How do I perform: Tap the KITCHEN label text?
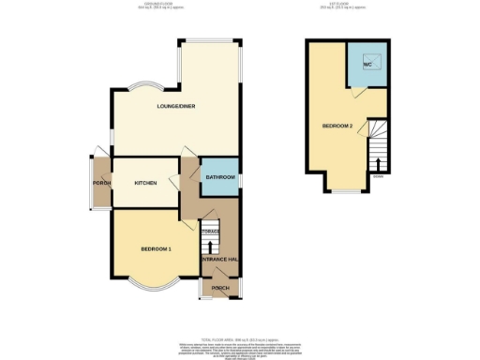(145, 182)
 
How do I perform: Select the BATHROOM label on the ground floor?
(220, 176)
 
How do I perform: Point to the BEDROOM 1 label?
(156, 248)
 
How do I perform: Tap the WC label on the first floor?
(367, 65)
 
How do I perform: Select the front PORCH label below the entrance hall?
(220, 288)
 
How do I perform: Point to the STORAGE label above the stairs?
(211, 231)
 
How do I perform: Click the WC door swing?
(353, 94)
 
